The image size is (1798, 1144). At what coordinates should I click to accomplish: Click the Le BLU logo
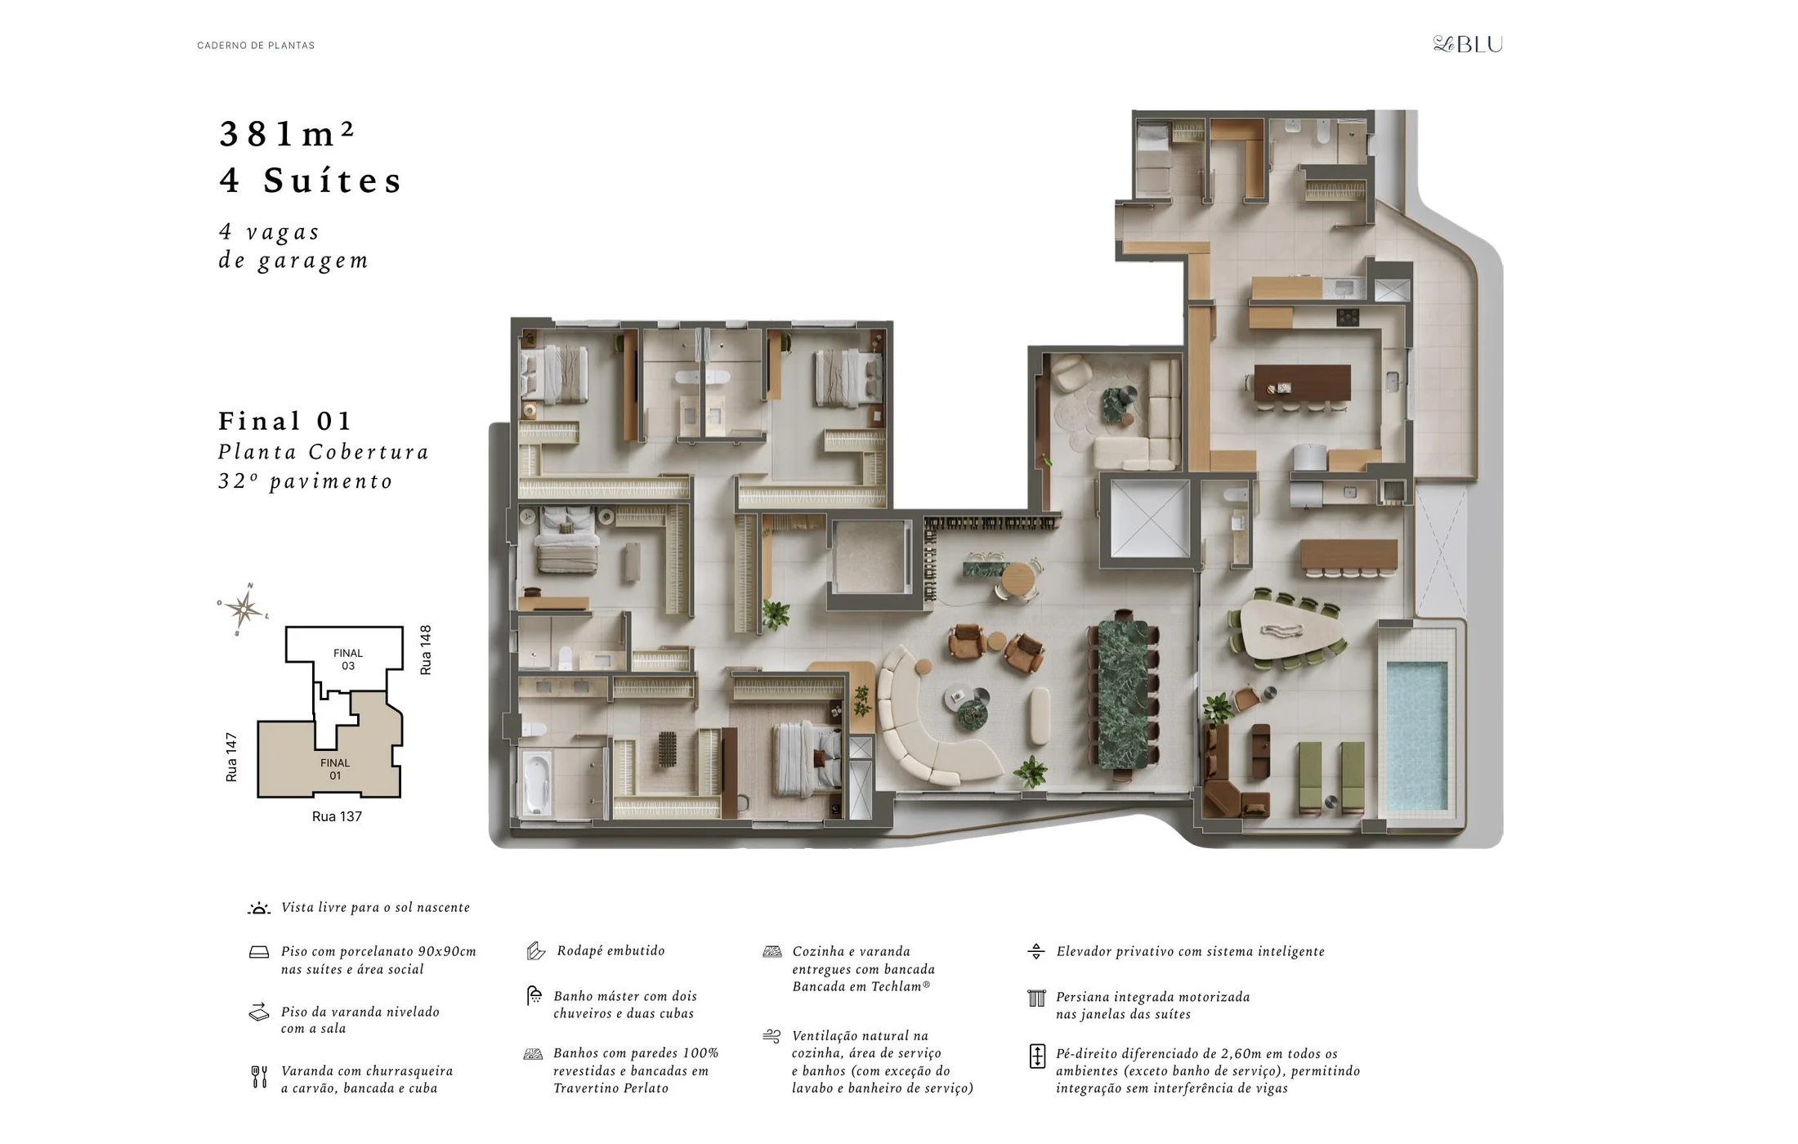click(1468, 44)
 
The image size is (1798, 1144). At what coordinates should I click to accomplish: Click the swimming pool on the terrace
click(1416, 735)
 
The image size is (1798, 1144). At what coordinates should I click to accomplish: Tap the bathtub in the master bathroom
click(536, 784)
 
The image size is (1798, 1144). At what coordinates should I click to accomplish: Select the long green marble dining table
click(1123, 695)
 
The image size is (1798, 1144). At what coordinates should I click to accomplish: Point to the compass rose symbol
click(244, 609)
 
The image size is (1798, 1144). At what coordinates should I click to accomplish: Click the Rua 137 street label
click(337, 816)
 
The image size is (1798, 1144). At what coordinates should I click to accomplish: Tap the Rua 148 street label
click(425, 650)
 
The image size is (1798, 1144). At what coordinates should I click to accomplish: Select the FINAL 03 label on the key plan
click(348, 659)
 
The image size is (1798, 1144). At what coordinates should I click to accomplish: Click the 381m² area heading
click(288, 134)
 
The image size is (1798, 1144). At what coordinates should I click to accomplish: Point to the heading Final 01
click(284, 421)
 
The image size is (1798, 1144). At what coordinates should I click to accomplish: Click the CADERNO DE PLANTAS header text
click(256, 46)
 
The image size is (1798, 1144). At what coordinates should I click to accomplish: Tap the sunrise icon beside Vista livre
click(259, 908)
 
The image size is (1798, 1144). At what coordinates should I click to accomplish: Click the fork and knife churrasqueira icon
click(259, 1077)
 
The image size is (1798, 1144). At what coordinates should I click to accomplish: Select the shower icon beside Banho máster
click(534, 995)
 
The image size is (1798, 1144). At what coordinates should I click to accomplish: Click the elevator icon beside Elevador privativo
click(1035, 951)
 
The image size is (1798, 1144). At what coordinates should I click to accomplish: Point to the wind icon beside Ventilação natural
click(772, 1036)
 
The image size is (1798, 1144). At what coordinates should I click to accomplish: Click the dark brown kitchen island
click(1302, 382)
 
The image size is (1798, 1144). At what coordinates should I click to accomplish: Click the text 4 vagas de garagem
click(293, 246)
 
